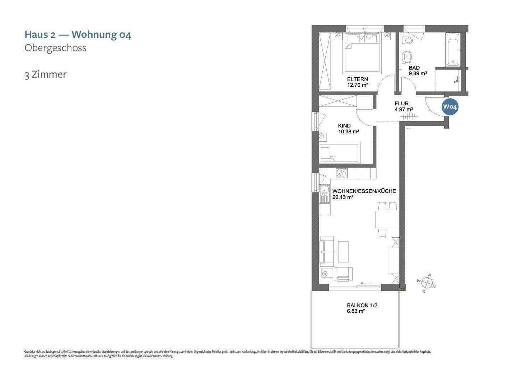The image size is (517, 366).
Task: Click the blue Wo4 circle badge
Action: pyautogui.click(x=450, y=106)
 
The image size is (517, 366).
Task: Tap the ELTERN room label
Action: pyautogui.click(x=357, y=79)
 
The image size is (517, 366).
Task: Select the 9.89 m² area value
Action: pyautogui.click(x=418, y=73)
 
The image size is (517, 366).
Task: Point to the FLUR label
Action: pyautogui.click(x=401, y=104)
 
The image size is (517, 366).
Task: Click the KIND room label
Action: pyautogui.click(x=344, y=125)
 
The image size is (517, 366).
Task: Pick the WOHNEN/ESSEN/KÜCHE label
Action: pyautogui.click(x=364, y=191)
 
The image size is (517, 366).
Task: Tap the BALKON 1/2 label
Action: pyautogui.click(x=362, y=305)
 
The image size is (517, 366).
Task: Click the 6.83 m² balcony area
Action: pyautogui.click(x=356, y=311)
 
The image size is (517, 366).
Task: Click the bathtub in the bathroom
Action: pyautogui.click(x=452, y=50)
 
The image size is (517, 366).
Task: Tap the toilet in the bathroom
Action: pyautogui.click(x=407, y=40)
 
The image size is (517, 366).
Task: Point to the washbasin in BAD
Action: pyautogui.click(x=406, y=56)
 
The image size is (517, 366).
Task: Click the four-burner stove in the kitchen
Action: pyautogui.click(x=342, y=173)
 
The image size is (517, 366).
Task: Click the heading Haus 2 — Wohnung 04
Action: pyautogui.click(x=78, y=35)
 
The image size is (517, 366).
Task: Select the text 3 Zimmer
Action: pyautogui.click(x=46, y=74)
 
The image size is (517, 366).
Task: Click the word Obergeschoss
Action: pyautogui.click(x=55, y=48)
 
